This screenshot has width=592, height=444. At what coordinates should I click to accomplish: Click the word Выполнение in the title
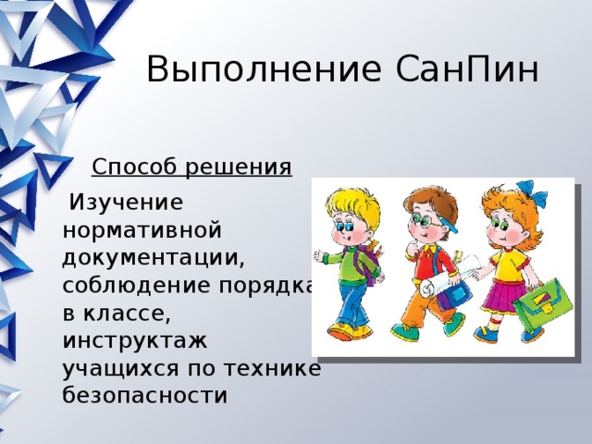pos(264,69)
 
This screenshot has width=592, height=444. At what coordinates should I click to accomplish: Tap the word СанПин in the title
pos(467,69)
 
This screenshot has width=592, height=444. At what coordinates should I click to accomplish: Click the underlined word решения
pos(239,167)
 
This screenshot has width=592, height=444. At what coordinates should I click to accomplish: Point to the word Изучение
pos(127,203)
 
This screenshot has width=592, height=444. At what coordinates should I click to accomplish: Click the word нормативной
pos(142,230)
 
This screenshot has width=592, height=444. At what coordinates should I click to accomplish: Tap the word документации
pos(154,259)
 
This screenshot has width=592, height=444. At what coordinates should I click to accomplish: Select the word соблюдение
pos(136,286)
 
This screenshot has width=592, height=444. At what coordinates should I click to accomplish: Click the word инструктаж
pos(135,341)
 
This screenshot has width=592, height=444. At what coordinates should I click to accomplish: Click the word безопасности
pos(145,396)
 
